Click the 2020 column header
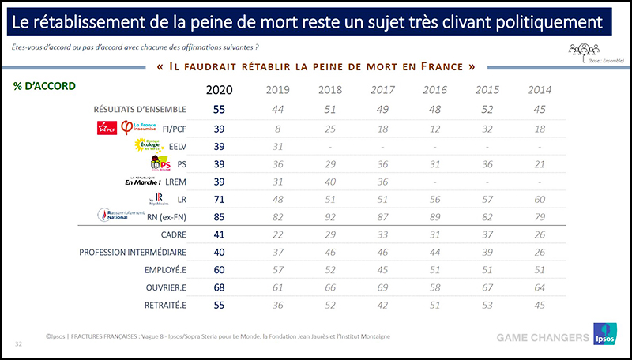(x=219, y=89)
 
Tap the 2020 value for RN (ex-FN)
(x=219, y=216)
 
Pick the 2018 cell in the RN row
(x=329, y=216)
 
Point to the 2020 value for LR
(x=219, y=198)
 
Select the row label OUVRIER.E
(x=164, y=288)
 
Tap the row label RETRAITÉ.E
(x=164, y=306)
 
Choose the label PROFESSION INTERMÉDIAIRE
(x=132, y=252)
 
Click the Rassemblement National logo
(x=117, y=214)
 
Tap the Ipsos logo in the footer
(x=604, y=336)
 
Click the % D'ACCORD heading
(x=44, y=86)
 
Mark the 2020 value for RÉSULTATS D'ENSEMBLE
(x=219, y=108)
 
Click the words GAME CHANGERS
(x=542, y=338)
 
